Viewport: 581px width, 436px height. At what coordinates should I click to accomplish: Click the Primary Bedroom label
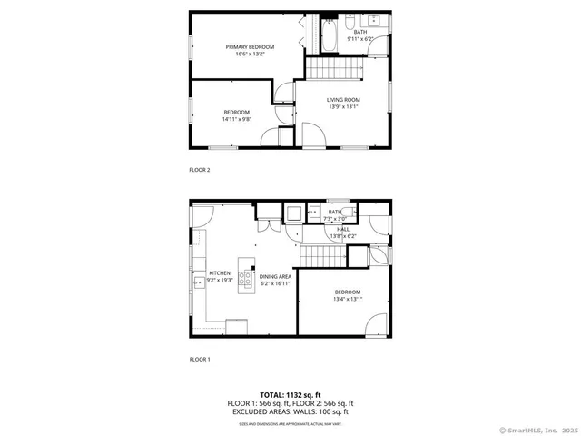click(x=250, y=46)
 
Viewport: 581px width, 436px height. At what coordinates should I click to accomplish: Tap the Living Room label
click(x=344, y=100)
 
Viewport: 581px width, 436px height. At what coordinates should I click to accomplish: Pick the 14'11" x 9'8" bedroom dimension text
click(x=236, y=119)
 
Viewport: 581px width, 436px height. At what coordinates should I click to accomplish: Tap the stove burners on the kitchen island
click(x=244, y=278)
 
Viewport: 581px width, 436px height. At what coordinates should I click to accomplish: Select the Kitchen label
click(x=221, y=272)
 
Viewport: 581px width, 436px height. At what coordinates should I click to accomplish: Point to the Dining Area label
click(x=275, y=276)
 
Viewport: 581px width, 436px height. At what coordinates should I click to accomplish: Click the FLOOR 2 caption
click(x=200, y=170)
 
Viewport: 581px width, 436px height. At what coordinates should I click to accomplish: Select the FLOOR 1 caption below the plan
click(x=200, y=360)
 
